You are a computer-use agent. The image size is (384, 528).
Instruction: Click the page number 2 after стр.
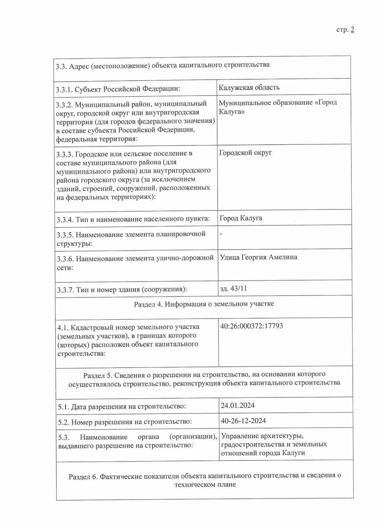352,30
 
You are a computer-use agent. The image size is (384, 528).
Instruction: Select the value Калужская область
249,87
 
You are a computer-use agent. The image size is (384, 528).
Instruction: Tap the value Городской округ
245,153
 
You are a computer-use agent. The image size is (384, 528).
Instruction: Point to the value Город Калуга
241,218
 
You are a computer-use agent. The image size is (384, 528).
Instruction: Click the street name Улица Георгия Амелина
258,257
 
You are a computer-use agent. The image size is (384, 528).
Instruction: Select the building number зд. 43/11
233,288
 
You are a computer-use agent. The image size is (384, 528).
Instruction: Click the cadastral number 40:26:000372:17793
251,326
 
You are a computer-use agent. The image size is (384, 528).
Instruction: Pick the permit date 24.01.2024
238,405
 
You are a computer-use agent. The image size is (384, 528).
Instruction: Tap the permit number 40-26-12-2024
243,421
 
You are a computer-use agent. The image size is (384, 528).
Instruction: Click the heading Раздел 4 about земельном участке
204,304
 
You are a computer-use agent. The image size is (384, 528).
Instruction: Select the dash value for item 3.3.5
221,234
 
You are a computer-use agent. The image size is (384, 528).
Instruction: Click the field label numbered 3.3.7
122,290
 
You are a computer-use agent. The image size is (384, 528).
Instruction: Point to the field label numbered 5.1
122,406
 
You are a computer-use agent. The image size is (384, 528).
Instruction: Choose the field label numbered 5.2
125,422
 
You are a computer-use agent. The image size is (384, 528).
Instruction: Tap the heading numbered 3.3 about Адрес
162,65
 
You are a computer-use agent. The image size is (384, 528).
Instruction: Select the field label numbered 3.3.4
133,219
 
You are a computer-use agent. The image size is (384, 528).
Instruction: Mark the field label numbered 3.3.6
135,263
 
